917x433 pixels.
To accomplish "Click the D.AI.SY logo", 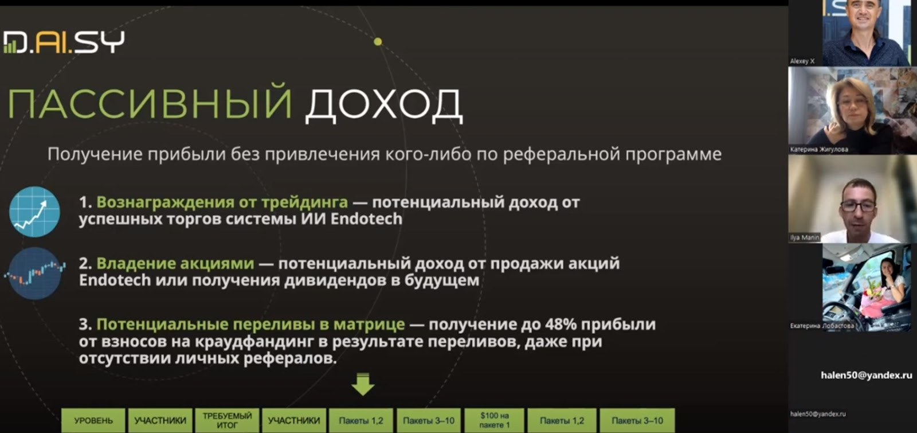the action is click(x=64, y=42).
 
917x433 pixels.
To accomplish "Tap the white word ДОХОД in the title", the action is click(x=384, y=105).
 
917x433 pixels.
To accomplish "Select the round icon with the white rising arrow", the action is click(x=35, y=212).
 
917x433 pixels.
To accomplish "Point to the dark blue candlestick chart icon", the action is click(x=35, y=273).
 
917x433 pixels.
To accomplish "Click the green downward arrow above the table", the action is click(x=363, y=384).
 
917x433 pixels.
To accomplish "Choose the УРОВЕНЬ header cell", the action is click(x=93, y=420).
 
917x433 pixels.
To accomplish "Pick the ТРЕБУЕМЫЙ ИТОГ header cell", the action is click(x=227, y=420).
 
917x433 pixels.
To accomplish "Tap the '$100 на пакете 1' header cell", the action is click(x=495, y=420).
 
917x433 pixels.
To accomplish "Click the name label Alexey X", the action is click(x=802, y=61).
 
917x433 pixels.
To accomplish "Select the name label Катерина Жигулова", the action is click(x=819, y=150).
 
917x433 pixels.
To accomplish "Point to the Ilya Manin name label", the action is click(x=805, y=237).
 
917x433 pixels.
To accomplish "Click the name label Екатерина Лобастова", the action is click(x=822, y=326).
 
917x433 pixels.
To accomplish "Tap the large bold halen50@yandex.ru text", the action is click(x=866, y=375).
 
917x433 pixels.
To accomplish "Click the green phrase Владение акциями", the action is click(x=175, y=263).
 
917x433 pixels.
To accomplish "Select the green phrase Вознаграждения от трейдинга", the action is click(x=222, y=202).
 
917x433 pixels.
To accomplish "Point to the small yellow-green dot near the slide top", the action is click(x=378, y=41).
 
